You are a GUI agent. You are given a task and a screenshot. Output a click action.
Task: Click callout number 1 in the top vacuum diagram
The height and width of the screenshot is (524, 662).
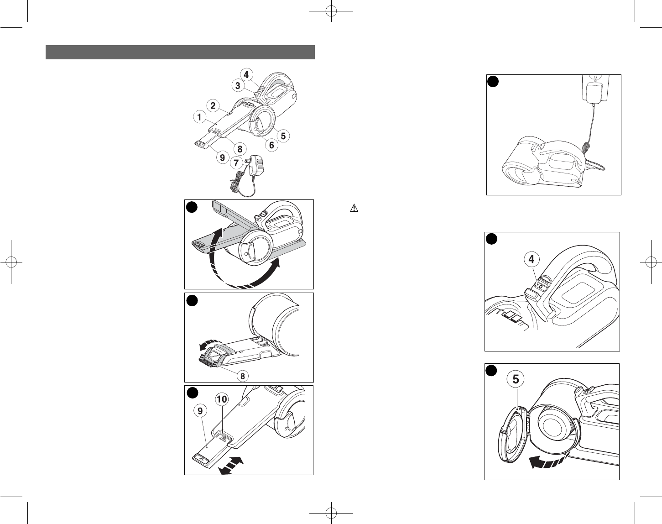(199, 117)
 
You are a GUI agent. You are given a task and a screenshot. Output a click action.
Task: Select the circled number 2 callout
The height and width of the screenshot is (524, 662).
(213, 105)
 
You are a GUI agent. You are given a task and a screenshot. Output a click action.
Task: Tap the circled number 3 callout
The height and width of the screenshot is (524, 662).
(238, 86)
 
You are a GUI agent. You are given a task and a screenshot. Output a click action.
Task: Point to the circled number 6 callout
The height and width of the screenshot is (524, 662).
(271, 145)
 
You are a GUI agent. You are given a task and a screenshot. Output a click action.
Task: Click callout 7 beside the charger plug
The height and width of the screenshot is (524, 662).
(236, 163)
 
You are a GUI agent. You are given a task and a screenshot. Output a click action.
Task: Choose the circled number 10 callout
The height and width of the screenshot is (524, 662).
(222, 399)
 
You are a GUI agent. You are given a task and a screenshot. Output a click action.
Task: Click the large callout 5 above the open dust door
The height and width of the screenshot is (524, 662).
(516, 379)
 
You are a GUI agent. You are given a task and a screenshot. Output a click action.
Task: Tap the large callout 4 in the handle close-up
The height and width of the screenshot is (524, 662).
(532, 259)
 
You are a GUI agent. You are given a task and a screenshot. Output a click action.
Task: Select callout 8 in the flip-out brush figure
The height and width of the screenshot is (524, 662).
(243, 376)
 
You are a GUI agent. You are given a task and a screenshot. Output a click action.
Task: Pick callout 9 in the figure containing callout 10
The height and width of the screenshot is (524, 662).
(200, 411)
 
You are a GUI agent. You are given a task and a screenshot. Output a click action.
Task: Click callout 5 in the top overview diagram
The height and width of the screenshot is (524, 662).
(283, 136)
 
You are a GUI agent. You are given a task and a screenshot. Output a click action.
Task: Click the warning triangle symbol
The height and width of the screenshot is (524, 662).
(354, 209)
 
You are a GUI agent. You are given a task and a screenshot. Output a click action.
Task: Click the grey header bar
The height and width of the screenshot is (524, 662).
(180, 52)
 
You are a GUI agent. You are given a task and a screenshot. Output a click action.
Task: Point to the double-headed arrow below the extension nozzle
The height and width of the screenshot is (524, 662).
(230, 466)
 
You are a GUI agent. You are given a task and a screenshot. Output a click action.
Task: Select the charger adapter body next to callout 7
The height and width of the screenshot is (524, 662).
(256, 166)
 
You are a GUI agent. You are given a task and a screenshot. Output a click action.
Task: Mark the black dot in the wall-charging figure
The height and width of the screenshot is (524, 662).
(493, 82)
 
